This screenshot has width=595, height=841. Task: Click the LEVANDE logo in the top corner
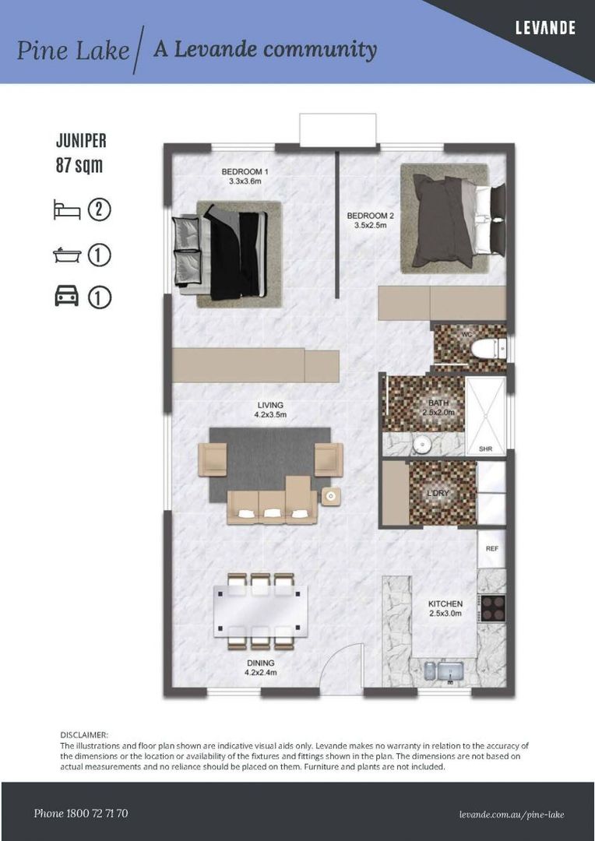click(x=545, y=29)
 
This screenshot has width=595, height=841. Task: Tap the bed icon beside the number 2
click(x=66, y=209)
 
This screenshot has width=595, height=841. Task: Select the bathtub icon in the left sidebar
click(x=67, y=255)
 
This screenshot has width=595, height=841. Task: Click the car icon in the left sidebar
click(x=67, y=297)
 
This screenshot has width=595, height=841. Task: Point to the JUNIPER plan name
click(x=81, y=141)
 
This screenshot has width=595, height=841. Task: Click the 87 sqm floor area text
click(x=79, y=165)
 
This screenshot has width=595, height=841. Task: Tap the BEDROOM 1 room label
click(x=244, y=176)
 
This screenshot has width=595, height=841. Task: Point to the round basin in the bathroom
click(x=421, y=444)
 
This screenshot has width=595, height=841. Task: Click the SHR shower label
click(x=485, y=449)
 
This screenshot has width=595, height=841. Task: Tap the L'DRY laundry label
click(x=438, y=494)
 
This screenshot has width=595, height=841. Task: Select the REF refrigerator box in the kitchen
click(x=491, y=548)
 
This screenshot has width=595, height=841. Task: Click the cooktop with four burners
click(x=492, y=607)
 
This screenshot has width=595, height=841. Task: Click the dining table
click(x=260, y=611)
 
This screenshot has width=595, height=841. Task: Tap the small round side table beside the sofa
click(x=331, y=497)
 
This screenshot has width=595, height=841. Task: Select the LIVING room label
click(x=270, y=410)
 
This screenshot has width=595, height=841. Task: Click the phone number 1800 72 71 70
click(x=81, y=814)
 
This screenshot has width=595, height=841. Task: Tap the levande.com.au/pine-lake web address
click(x=512, y=815)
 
